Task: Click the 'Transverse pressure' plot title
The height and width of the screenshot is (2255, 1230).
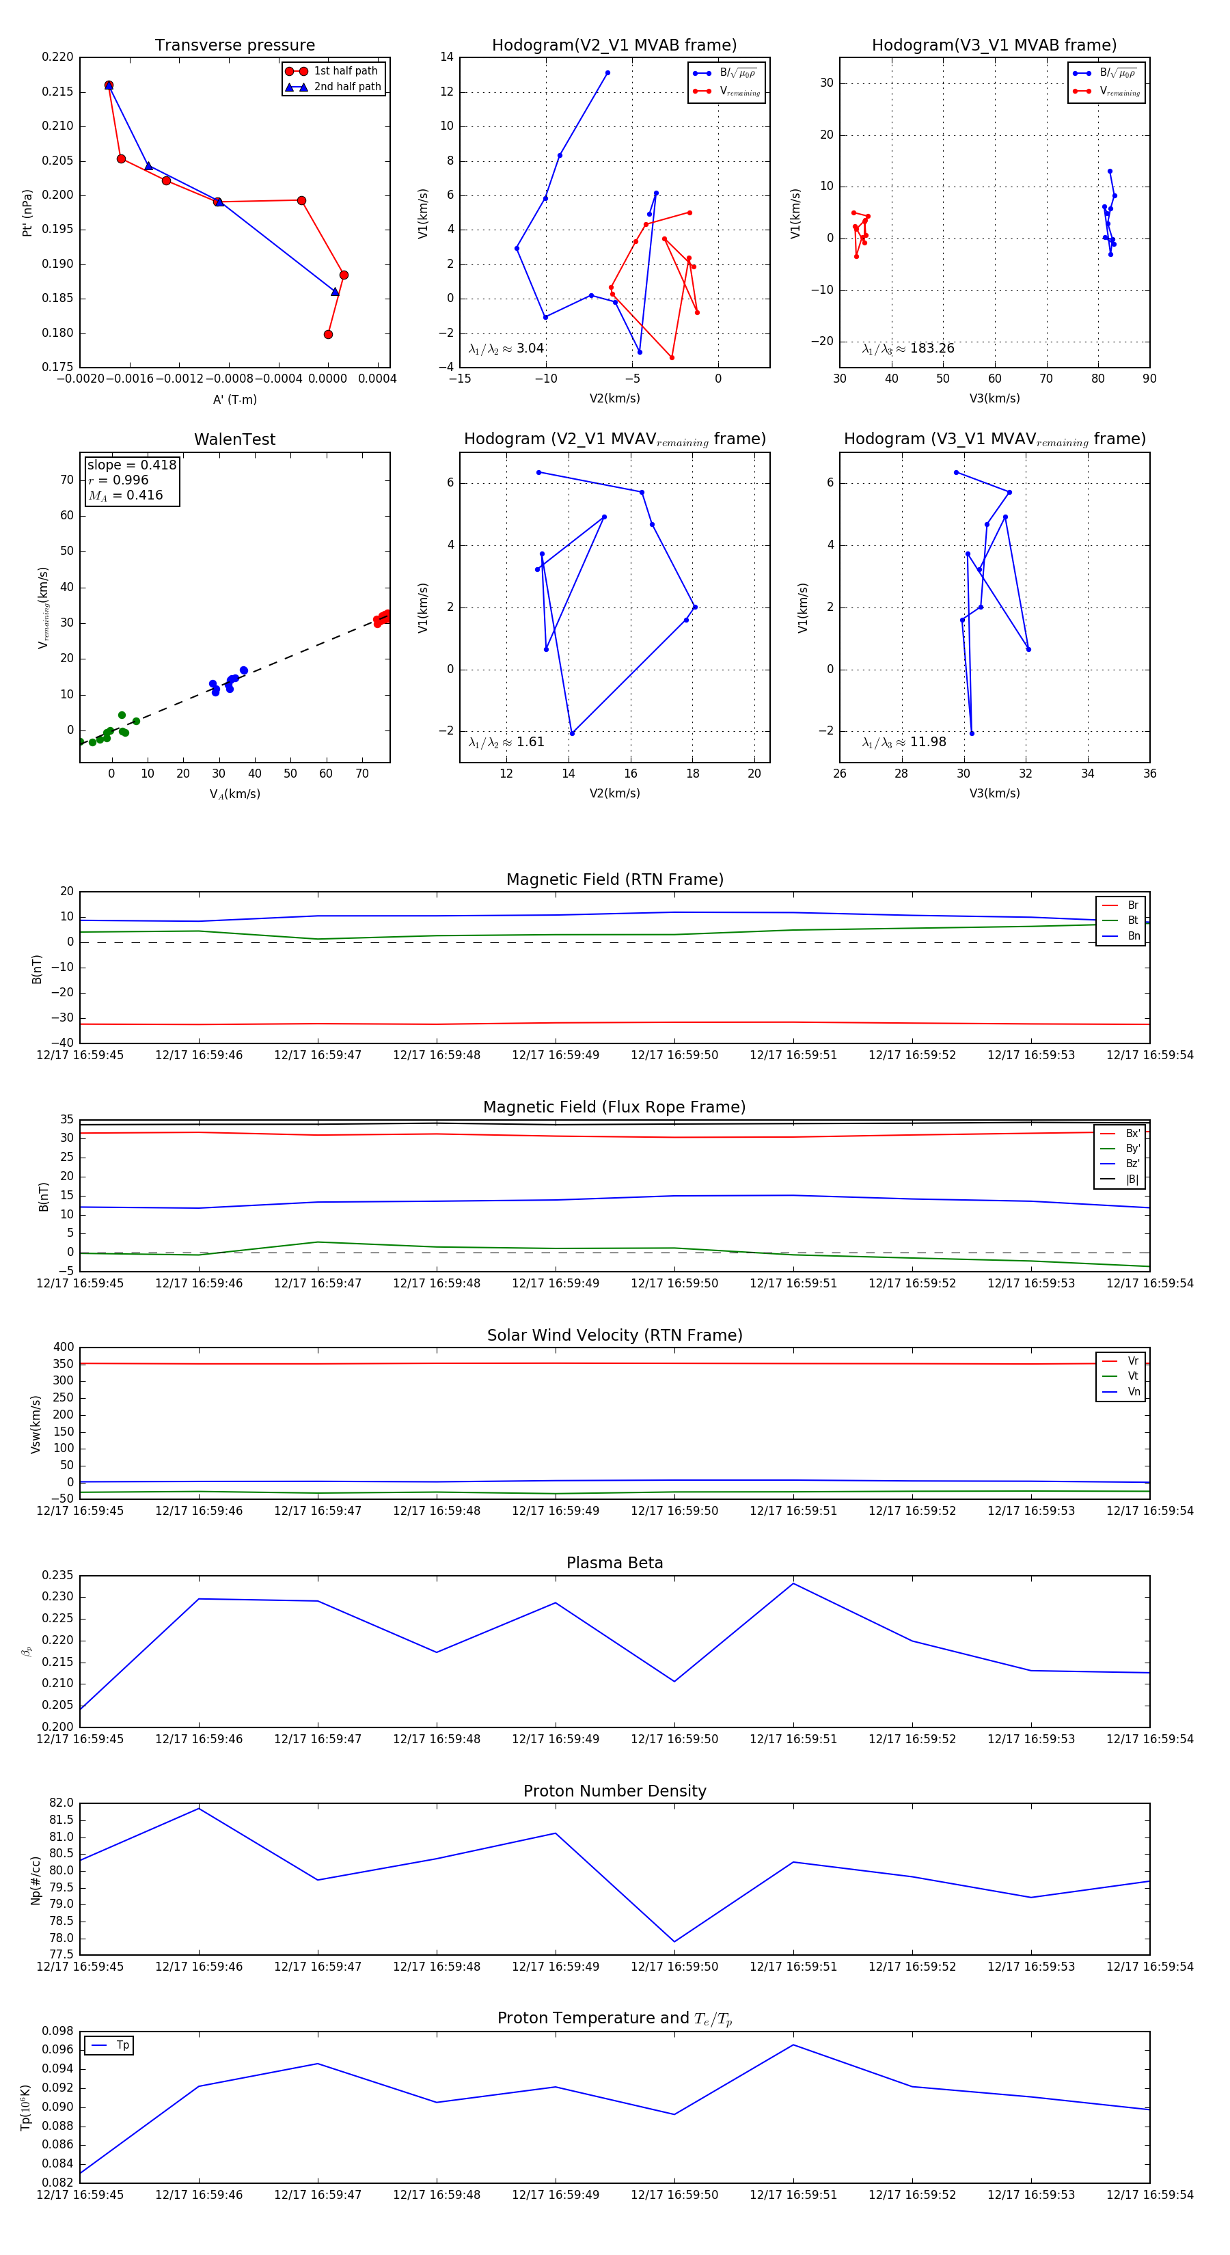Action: (234, 46)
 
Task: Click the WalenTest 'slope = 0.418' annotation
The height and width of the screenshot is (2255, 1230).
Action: (131, 465)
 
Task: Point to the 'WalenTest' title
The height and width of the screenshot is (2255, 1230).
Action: (234, 439)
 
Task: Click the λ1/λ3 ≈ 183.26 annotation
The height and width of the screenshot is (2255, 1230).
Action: (908, 348)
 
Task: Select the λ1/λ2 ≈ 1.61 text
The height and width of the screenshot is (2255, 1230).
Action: (506, 742)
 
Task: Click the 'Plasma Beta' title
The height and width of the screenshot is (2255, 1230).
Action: (614, 1563)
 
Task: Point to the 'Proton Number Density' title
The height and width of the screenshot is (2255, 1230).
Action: (614, 1791)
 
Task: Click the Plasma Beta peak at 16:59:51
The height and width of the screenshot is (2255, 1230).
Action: (793, 1583)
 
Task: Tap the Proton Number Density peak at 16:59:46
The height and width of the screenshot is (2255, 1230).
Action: (199, 1809)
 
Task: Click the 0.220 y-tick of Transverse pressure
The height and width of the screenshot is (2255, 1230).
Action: (58, 57)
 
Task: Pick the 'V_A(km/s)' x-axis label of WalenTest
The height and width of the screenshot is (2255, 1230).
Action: (234, 794)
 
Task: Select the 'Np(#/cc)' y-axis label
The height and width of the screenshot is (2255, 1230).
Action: (36, 1879)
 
